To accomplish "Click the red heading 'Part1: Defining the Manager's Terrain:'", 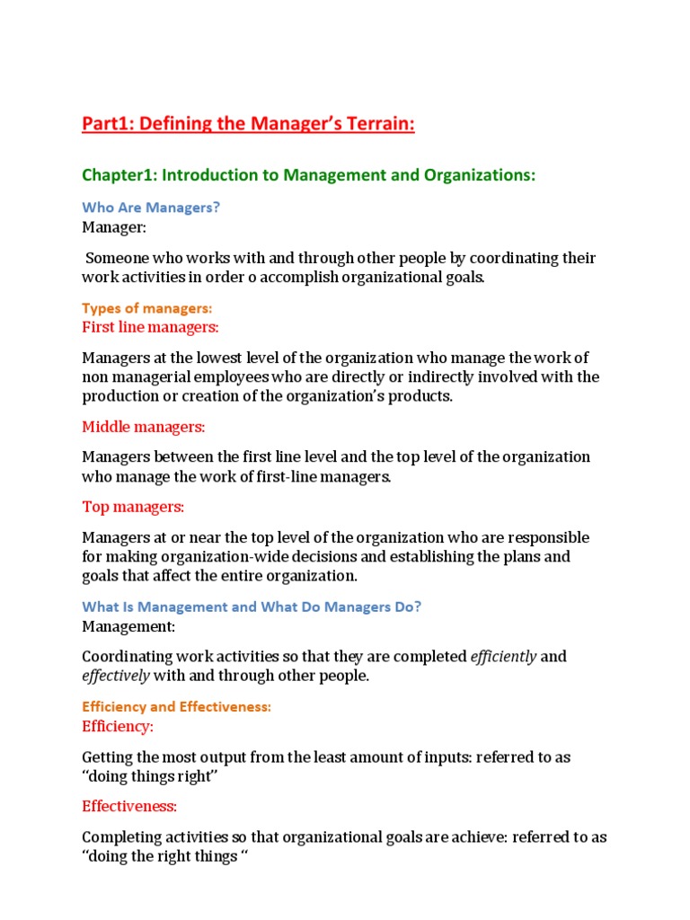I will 248,126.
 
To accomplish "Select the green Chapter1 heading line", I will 308,175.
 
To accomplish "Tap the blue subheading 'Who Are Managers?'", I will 151,208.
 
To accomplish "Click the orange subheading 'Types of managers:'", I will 146,308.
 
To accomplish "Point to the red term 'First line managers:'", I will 150,326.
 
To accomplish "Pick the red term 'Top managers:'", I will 133,507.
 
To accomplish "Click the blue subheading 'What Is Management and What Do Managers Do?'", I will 252,606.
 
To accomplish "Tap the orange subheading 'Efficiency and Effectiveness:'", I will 176,707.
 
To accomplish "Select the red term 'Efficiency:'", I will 118,726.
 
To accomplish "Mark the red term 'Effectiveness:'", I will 129,806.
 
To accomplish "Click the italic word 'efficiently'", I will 503,657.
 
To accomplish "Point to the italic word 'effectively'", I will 116,676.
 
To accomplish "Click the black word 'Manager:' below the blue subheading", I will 113,226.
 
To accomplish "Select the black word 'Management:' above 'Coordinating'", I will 128,626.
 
